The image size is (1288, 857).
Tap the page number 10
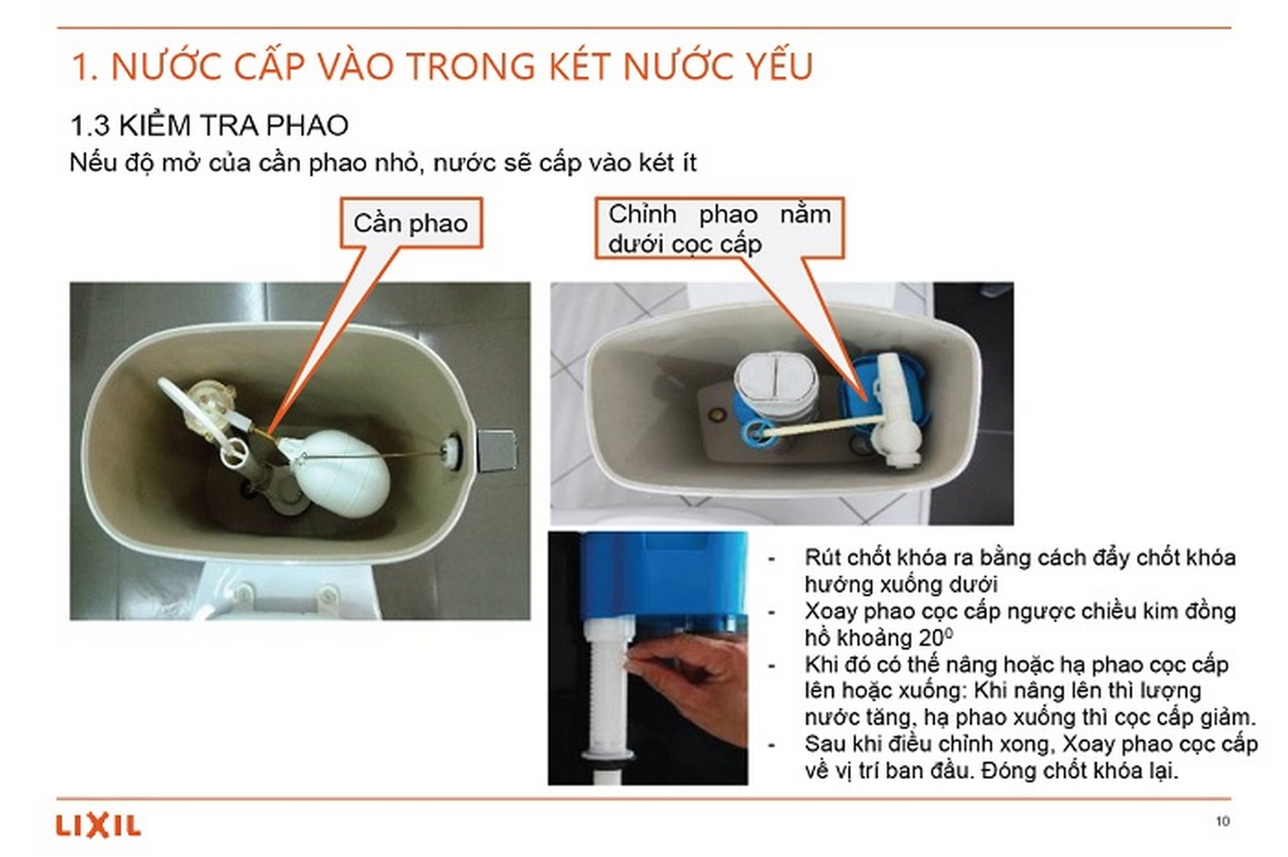1222,821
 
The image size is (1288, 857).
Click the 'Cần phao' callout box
411,224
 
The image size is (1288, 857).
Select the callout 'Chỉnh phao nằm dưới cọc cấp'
719,229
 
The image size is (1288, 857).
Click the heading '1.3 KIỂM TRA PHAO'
209,125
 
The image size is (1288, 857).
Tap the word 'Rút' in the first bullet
822,558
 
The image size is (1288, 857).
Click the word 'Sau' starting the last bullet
823,744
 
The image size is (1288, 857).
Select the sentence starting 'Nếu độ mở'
383,163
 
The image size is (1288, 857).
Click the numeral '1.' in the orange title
85,67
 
